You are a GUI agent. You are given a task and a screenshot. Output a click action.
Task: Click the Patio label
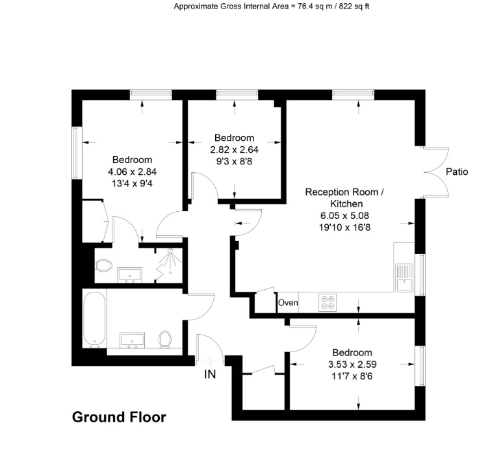point(457,172)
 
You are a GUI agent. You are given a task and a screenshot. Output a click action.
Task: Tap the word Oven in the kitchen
point(288,303)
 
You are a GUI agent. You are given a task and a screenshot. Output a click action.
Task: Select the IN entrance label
point(209,374)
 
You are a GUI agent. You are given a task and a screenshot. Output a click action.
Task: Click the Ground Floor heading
point(118,417)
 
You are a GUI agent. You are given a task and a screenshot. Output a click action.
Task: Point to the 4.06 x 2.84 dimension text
point(133,172)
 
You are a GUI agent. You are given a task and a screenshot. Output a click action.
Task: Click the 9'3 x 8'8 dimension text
point(235,160)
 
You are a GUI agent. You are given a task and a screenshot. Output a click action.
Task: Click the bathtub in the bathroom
point(94,320)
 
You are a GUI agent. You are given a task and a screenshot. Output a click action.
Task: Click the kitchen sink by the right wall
point(404,276)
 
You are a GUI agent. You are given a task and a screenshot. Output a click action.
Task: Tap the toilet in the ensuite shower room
point(103,266)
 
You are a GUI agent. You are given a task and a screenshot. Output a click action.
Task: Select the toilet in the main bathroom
point(165,339)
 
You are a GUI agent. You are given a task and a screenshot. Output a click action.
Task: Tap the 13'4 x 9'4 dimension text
point(133,183)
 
